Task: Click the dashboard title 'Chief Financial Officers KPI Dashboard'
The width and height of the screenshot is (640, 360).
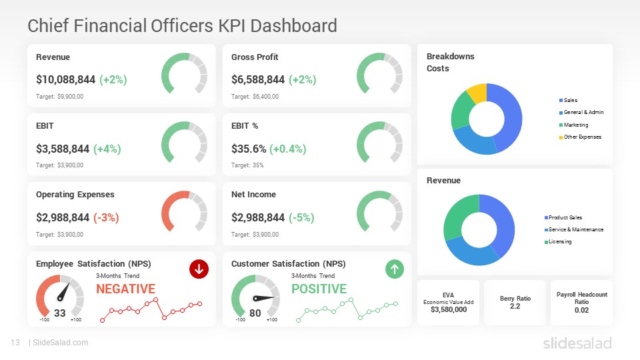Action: click(x=182, y=26)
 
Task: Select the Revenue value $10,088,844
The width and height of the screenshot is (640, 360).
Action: click(x=65, y=80)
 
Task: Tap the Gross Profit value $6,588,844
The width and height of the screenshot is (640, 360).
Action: click(x=258, y=80)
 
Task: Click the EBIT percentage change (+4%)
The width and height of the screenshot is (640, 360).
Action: click(x=107, y=149)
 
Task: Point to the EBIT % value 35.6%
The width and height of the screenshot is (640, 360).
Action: click(x=245, y=149)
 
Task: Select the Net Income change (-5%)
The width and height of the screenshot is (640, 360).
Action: click(x=301, y=218)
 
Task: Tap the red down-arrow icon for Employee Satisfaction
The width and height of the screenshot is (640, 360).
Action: click(x=199, y=269)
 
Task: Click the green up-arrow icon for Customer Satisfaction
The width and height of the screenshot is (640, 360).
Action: click(x=395, y=269)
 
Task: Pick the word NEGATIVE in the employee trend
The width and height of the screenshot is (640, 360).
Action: click(x=125, y=289)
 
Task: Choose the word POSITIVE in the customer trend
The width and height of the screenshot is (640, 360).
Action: click(x=319, y=289)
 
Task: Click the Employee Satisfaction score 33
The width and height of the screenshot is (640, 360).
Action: click(x=60, y=313)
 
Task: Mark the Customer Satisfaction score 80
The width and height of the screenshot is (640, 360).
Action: click(x=255, y=313)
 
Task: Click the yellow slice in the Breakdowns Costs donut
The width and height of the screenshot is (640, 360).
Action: click(x=477, y=93)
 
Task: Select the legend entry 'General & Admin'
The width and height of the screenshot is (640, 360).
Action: click(x=583, y=112)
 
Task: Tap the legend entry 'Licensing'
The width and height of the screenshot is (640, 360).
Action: click(x=559, y=241)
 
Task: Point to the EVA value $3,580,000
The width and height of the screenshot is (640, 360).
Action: click(x=448, y=309)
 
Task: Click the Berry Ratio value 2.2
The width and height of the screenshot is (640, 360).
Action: click(x=515, y=306)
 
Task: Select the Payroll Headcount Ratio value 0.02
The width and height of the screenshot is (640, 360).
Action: click(x=581, y=310)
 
